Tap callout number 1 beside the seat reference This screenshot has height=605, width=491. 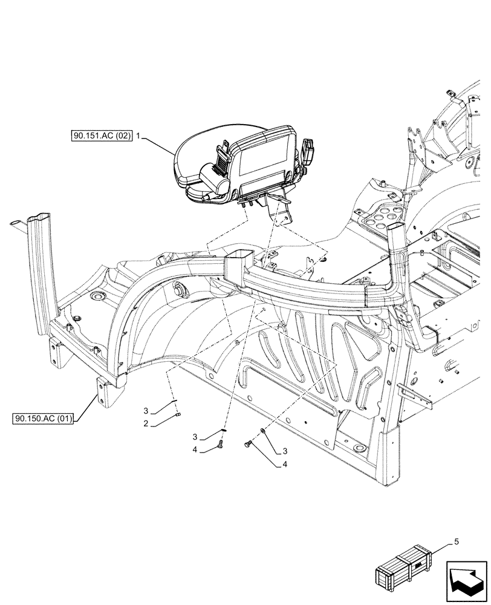tap(138, 137)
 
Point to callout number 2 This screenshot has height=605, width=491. tap(146, 423)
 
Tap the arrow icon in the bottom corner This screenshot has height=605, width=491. tap(466, 580)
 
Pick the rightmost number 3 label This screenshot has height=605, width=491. tap(285, 451)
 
